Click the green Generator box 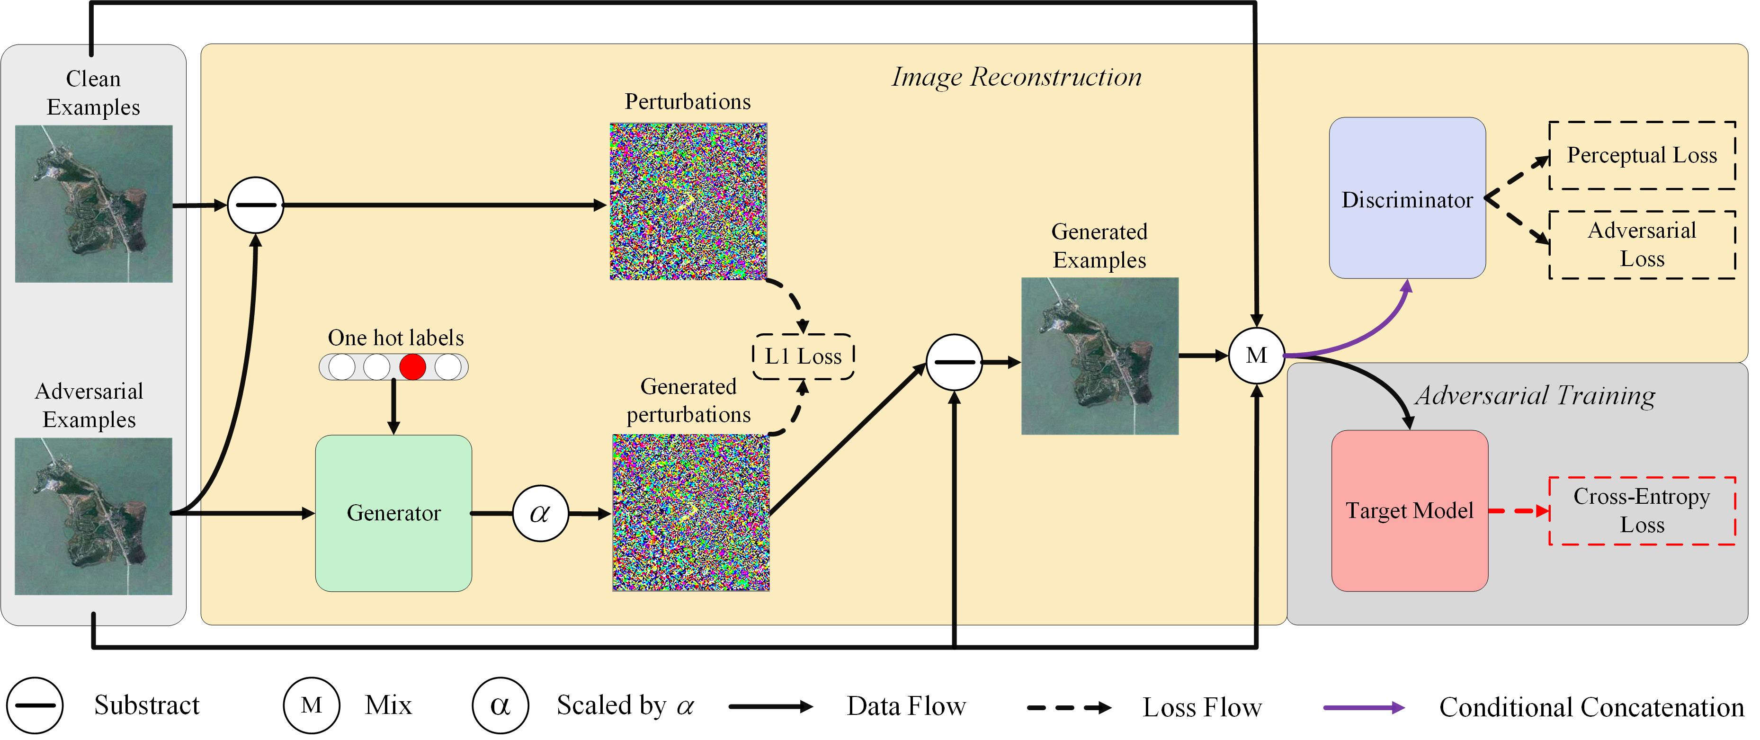coord(393,513)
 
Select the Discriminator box coord(1407,198)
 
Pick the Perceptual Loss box coord(1642,155)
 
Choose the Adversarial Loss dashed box coord(1642,245)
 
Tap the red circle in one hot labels coord(412,367)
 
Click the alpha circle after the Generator coord(540,513)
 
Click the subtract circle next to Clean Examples coord(255,205)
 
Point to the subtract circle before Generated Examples coord(954,362)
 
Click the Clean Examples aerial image coord(94,204)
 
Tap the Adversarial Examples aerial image coord(94,516)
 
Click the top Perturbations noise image coord(688,202)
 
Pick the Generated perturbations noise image coord(691,512)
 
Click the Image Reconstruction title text coord(1017,77)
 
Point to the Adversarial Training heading coord(1535,396)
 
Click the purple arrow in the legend coord(1364,707)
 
